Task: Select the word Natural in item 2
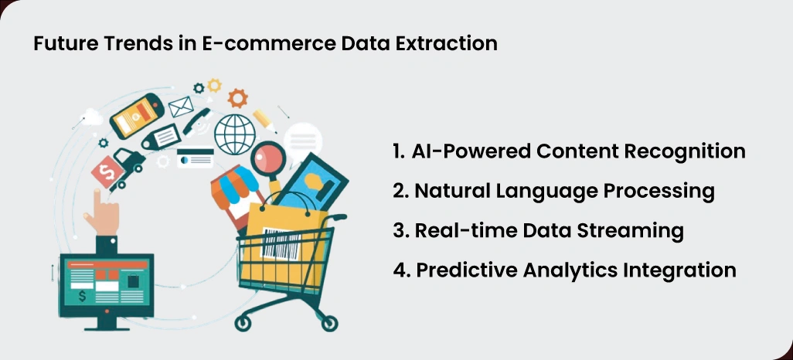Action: pos(447,191)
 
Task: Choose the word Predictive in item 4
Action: pos(458,270)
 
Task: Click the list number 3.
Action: pos(400,231)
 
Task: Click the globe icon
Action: pos(235,132)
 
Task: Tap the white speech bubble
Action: pos(301,141)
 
